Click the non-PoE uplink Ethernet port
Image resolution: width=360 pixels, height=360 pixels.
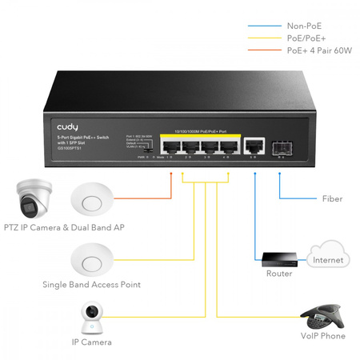[x=254, y=145]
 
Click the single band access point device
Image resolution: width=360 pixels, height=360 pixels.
[x=89, y=258]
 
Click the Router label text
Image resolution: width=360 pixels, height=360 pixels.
[x=278, y=274]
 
